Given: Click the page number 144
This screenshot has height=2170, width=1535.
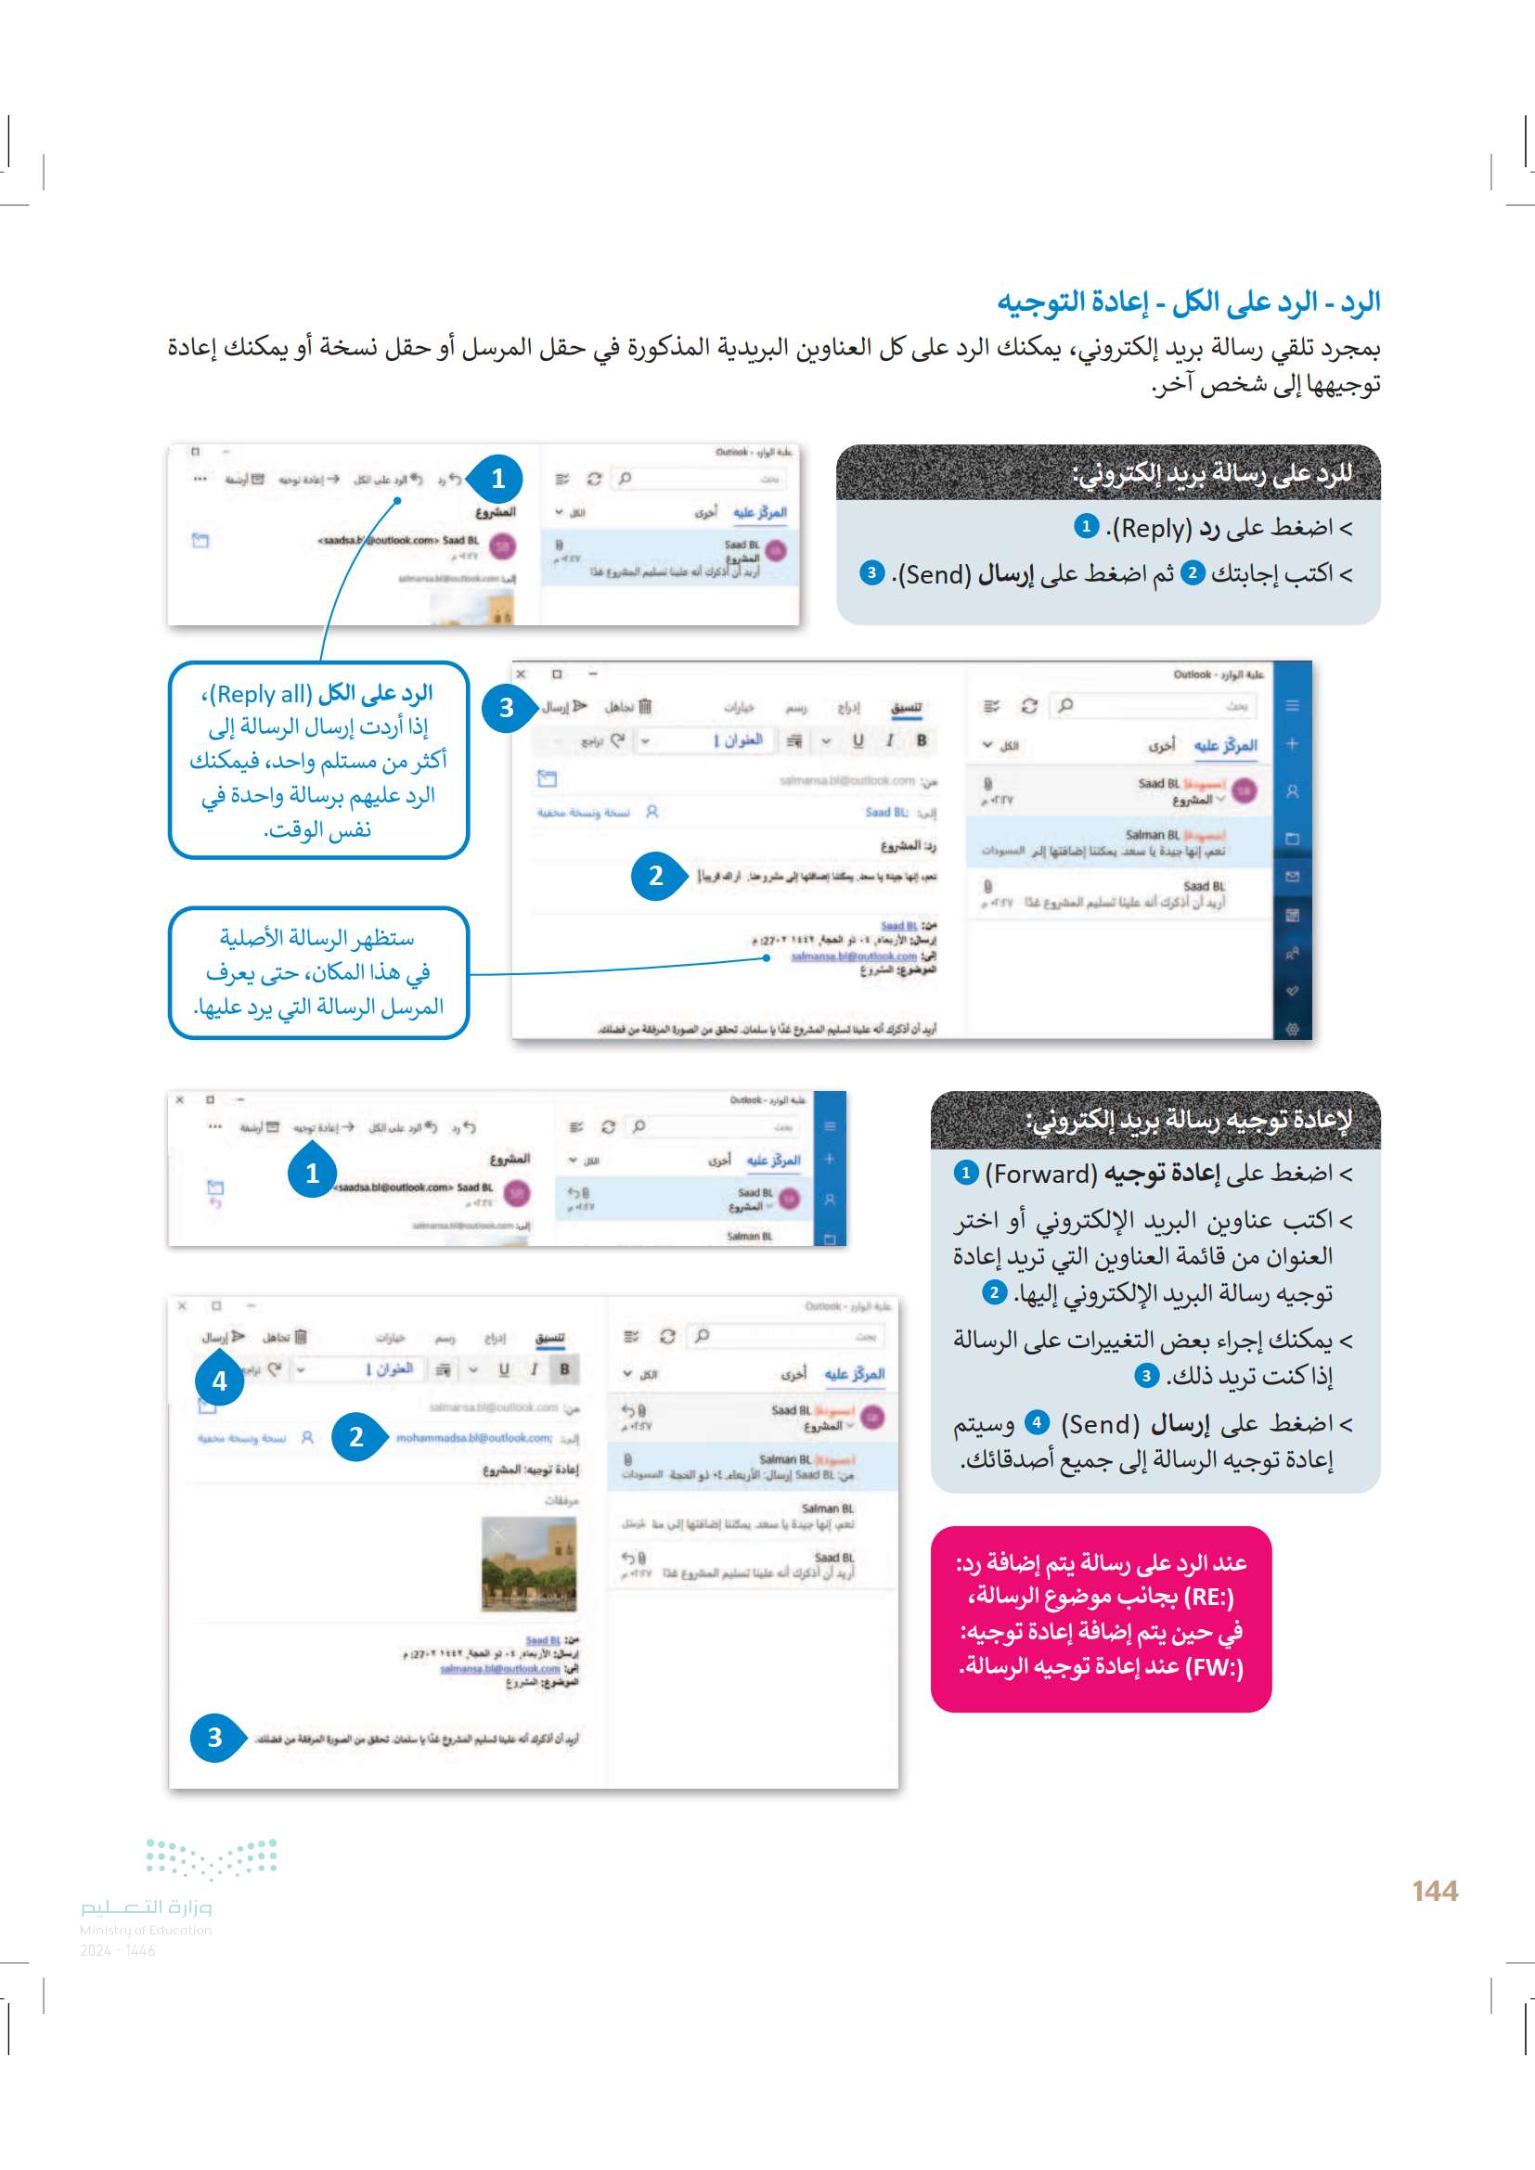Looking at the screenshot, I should [x=1434, y=1890].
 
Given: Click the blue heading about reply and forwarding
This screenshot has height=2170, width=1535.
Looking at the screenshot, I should [x=1188, y=302].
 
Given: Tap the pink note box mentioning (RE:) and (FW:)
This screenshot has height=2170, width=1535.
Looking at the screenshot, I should [x=1101, y=1618].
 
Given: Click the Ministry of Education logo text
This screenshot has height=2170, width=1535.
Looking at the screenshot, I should [x=146, y=1907].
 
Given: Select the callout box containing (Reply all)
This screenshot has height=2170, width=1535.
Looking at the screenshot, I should [x=317, y=760].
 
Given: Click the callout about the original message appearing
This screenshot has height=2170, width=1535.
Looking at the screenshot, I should [x=317, y=971].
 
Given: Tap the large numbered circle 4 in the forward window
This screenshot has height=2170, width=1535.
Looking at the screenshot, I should [x=219, y=1380].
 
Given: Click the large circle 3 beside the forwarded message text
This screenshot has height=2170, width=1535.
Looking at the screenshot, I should [x=215, y=1737].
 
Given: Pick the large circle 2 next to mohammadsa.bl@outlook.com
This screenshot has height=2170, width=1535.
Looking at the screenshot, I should [x=356, y=1436].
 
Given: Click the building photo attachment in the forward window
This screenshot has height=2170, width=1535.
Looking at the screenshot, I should [x=528, y=1563].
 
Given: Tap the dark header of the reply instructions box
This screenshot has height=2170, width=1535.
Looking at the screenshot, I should [x=1108, y=472].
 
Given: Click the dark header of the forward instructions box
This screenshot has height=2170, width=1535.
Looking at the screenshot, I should [x=1155, y=1120].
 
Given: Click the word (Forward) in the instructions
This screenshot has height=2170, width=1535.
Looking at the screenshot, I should [x=1040, y=1174].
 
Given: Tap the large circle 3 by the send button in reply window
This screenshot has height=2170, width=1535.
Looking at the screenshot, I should [x=507, y=707].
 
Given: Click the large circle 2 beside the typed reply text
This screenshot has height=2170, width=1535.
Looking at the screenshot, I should [x=655, y=876].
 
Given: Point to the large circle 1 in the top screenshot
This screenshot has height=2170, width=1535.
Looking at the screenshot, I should [x=498, y=479].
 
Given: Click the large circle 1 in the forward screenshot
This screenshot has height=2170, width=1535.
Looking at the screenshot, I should [x=312, y=1174].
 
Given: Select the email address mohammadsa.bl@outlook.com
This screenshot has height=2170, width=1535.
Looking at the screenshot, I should [x=473, y=1437].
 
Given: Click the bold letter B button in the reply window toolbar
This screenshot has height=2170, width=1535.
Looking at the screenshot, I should [x=922, y=741].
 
